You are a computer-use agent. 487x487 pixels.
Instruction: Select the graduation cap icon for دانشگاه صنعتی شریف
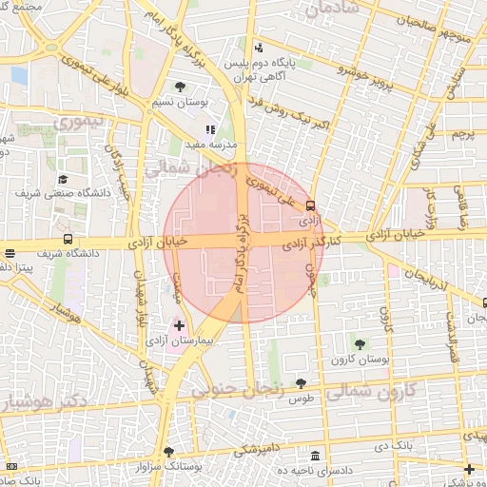click(x=64, y=179)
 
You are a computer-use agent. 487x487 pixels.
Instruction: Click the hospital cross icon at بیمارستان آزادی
click(x=179, y=326)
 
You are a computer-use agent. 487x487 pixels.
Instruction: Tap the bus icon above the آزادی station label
click(x=310, y=205)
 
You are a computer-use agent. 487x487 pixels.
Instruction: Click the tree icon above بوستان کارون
click(x=360, y=343)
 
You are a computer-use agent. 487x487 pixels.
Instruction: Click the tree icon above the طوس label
click(x=301, y=384)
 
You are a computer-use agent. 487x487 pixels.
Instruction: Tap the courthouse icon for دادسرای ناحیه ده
click(x=315, y=457)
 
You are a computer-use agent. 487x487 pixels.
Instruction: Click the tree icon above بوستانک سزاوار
click(x=169, y=452)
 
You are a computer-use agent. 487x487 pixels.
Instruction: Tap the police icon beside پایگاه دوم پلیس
click(x=259, y=48)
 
